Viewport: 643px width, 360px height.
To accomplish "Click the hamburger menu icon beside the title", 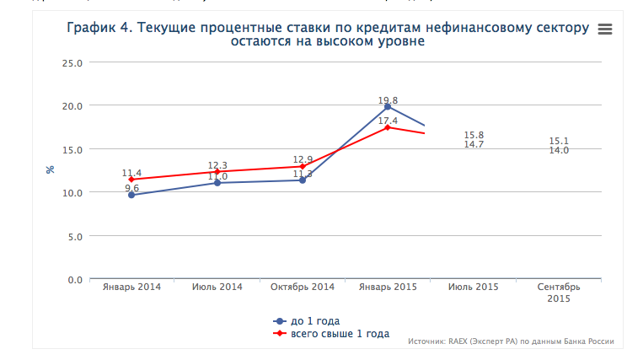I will (x=603, y=29).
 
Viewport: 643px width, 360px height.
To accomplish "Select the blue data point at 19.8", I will (x=388, y=107).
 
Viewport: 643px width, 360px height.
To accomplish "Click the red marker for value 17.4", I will (x=388, y=127).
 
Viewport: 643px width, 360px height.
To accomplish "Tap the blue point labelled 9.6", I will (x=132, y=195).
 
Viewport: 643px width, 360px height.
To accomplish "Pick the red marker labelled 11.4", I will (x=132, y=180).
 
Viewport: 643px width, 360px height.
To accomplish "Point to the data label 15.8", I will (x=474, y=135).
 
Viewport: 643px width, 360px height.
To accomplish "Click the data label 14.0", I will (x=559, y=150).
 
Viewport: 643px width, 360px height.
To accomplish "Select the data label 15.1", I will (x=559, y=141).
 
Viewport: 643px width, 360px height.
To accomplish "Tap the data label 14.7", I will (x=474, y=145).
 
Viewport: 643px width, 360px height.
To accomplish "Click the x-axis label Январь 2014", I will (x=131, y=287).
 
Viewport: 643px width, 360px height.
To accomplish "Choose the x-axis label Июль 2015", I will (x=474, y=287).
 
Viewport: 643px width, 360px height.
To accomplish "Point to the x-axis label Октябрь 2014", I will (x=303, y=287).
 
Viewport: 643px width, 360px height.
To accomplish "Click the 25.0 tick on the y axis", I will (x=72, y=62).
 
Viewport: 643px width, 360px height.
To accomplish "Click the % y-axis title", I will (x=51, y=169).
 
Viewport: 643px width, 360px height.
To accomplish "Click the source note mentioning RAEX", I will (x=510, y=341).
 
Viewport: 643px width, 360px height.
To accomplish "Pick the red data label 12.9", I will (x=303, y=159).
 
